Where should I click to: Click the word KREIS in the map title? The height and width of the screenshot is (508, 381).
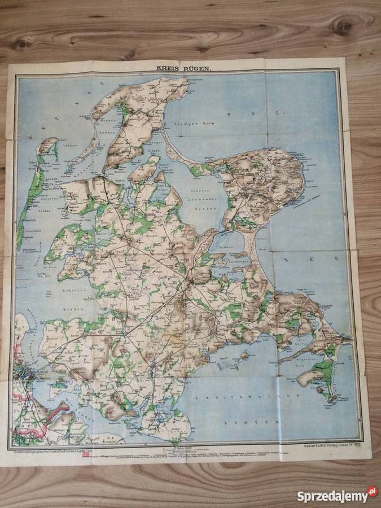pyautogui.click(x=168, y=69)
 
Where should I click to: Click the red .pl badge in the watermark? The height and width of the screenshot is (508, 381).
pyautogui.click(x=372, y=492)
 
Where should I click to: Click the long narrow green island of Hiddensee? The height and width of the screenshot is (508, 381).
pyautogui.click(x=28, y=198)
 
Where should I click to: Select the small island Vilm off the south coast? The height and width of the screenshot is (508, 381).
pyautogui.click(x=244, y=356)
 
